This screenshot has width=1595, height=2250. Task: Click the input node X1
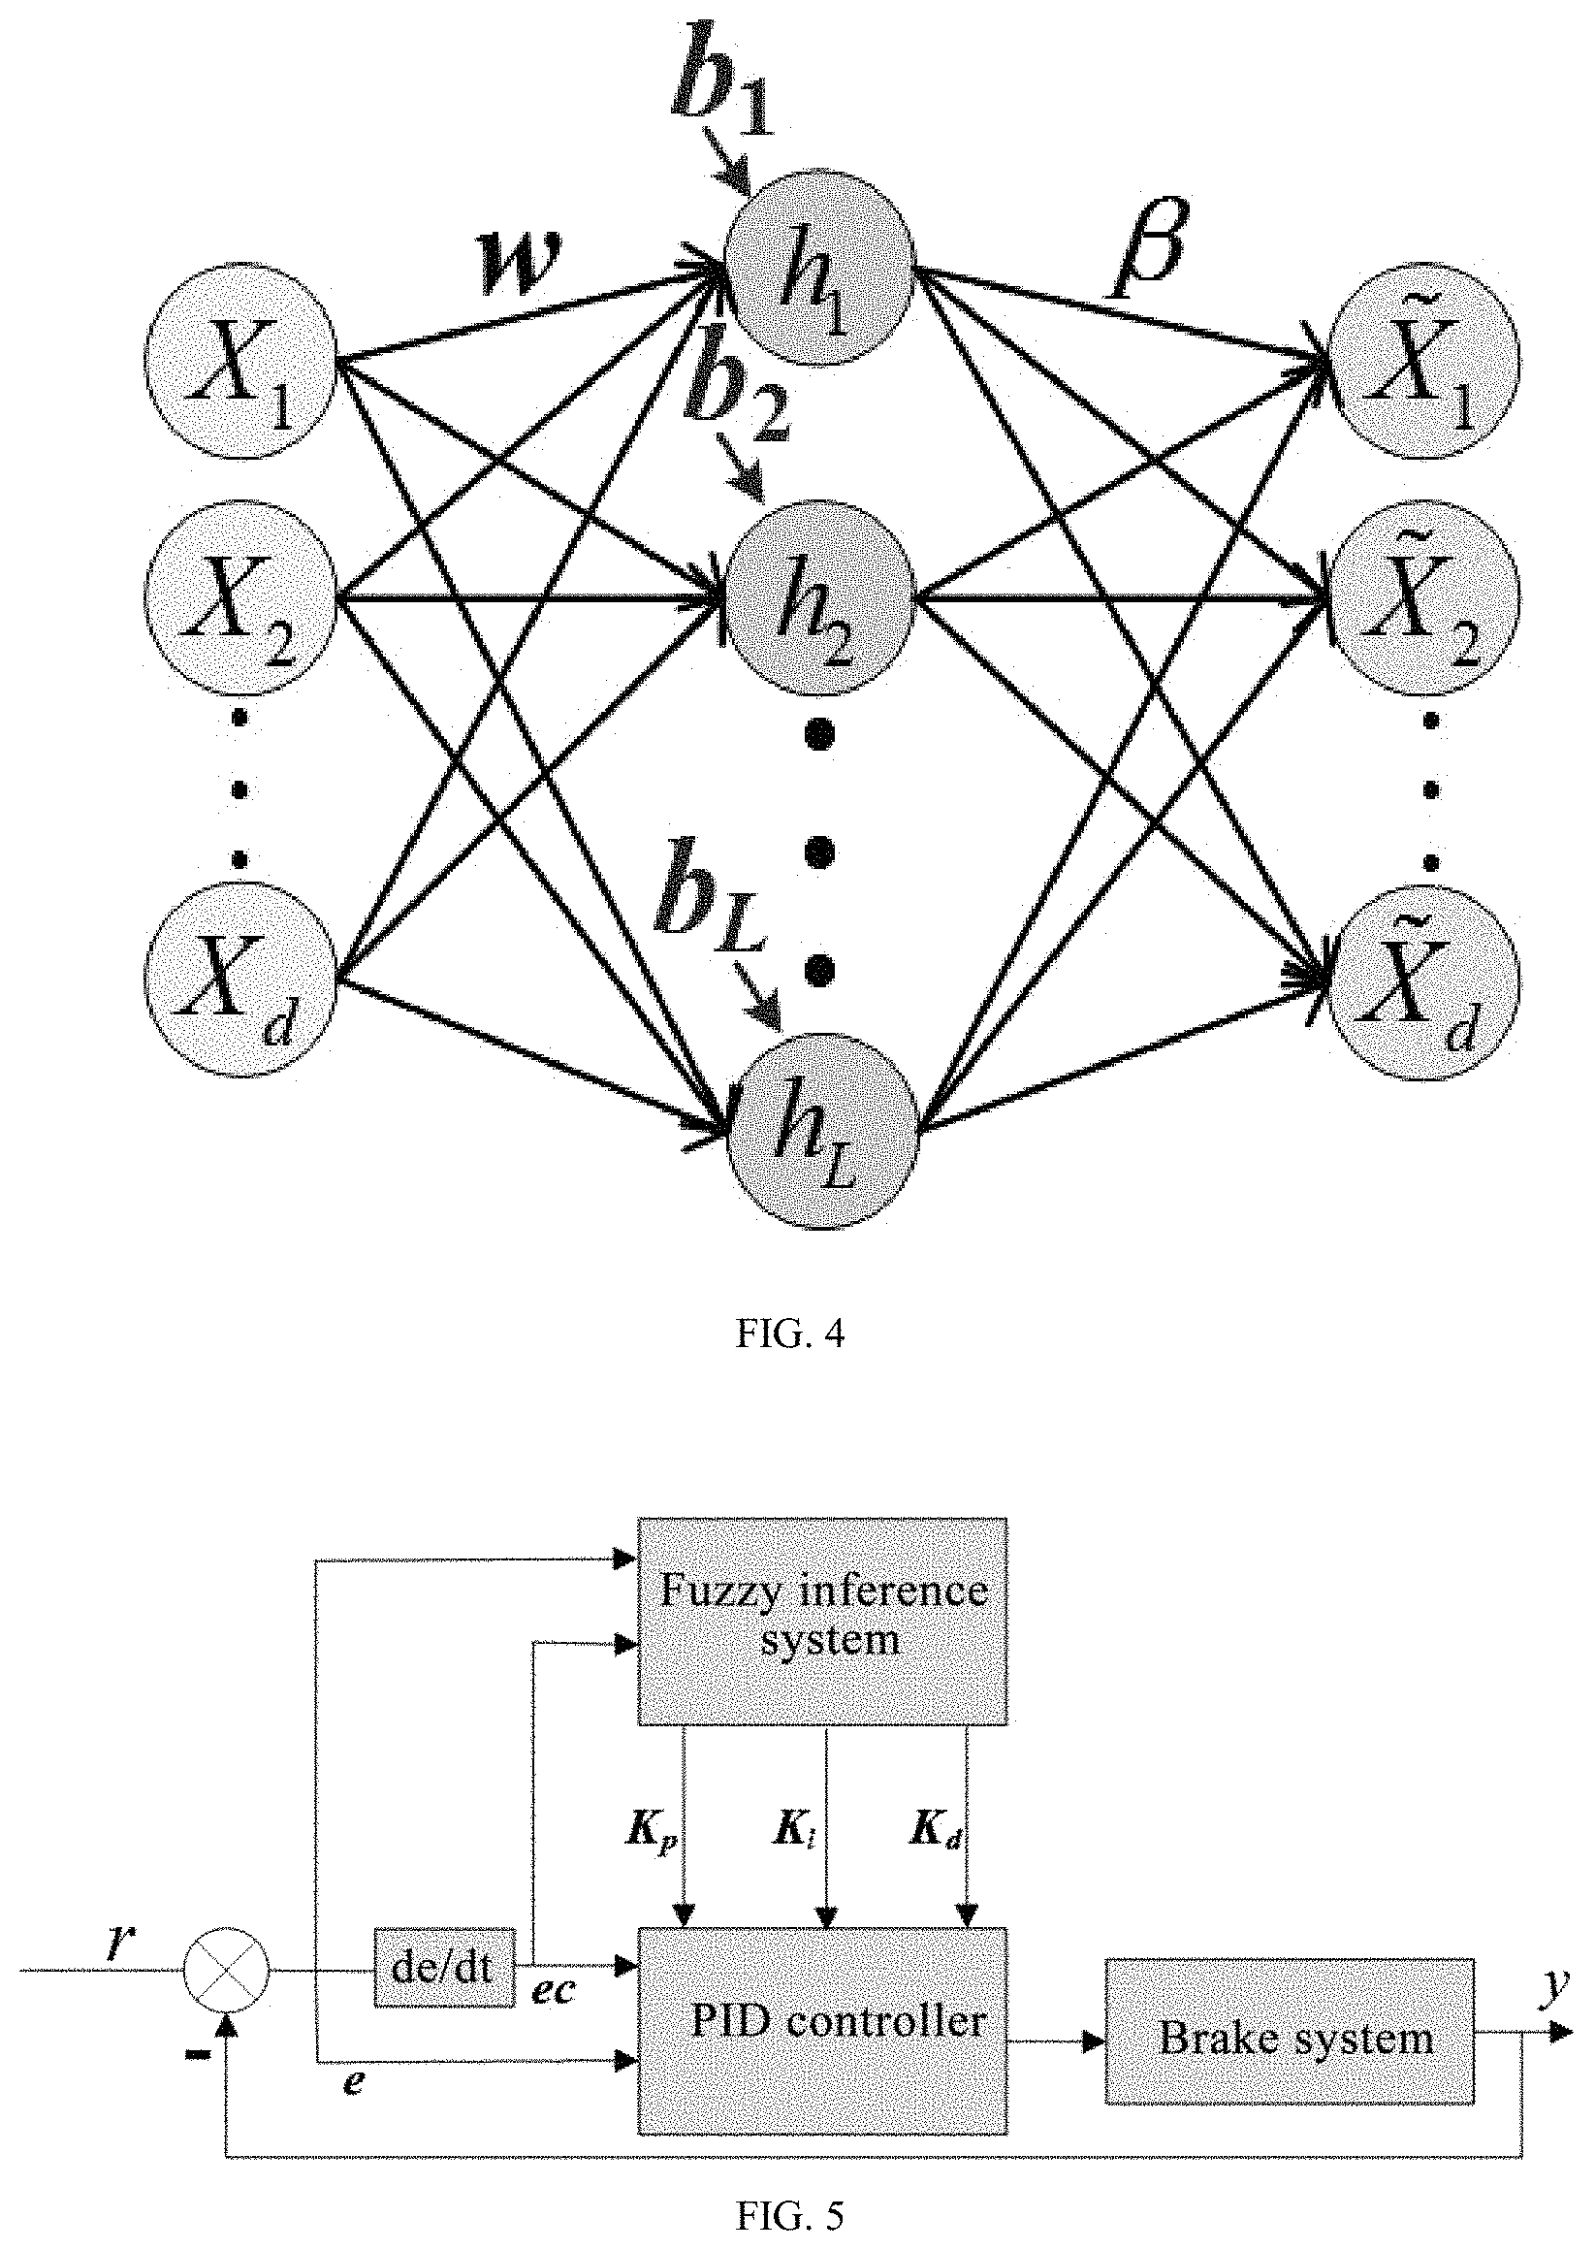(240, 361)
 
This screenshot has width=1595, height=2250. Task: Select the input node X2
(240, 598)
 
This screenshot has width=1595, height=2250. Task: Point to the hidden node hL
(822, 1129)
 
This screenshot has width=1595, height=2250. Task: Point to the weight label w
(520, 264)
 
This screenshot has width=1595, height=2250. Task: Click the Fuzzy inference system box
(823, 1623)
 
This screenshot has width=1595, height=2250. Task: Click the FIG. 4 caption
(789, 1334)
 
